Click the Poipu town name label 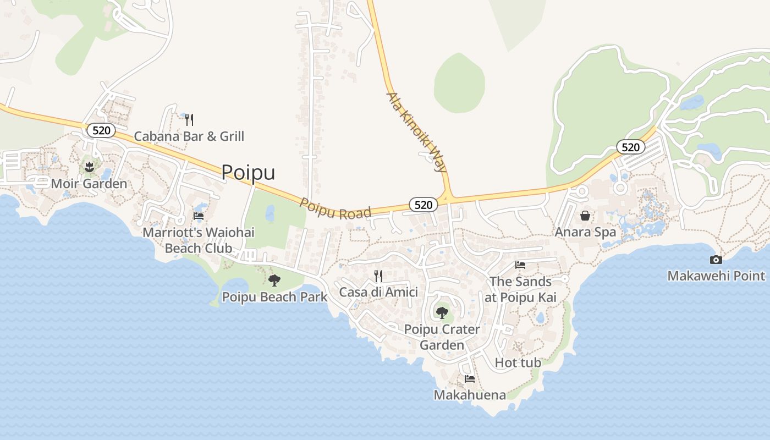(248, 173)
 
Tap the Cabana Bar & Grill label (189, 136)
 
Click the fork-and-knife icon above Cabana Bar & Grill (189, 119)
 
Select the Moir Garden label (89, 184)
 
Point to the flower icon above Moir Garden (89, 166)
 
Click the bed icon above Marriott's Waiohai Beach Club (199, 216)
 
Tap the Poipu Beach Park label (274, 297)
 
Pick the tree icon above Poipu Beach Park (274, 280)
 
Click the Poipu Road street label (335, 208)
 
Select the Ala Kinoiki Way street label (416, 132)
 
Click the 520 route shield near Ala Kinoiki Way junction (423, 205)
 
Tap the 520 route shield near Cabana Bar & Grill (101, 130)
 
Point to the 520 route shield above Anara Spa (630, 147)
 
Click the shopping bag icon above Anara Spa (585, 216)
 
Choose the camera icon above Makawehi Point (716, 260)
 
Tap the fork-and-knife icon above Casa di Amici (378, 276)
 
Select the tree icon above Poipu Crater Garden (442, 313)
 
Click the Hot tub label (518, 362)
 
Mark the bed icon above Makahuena (470, 379)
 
